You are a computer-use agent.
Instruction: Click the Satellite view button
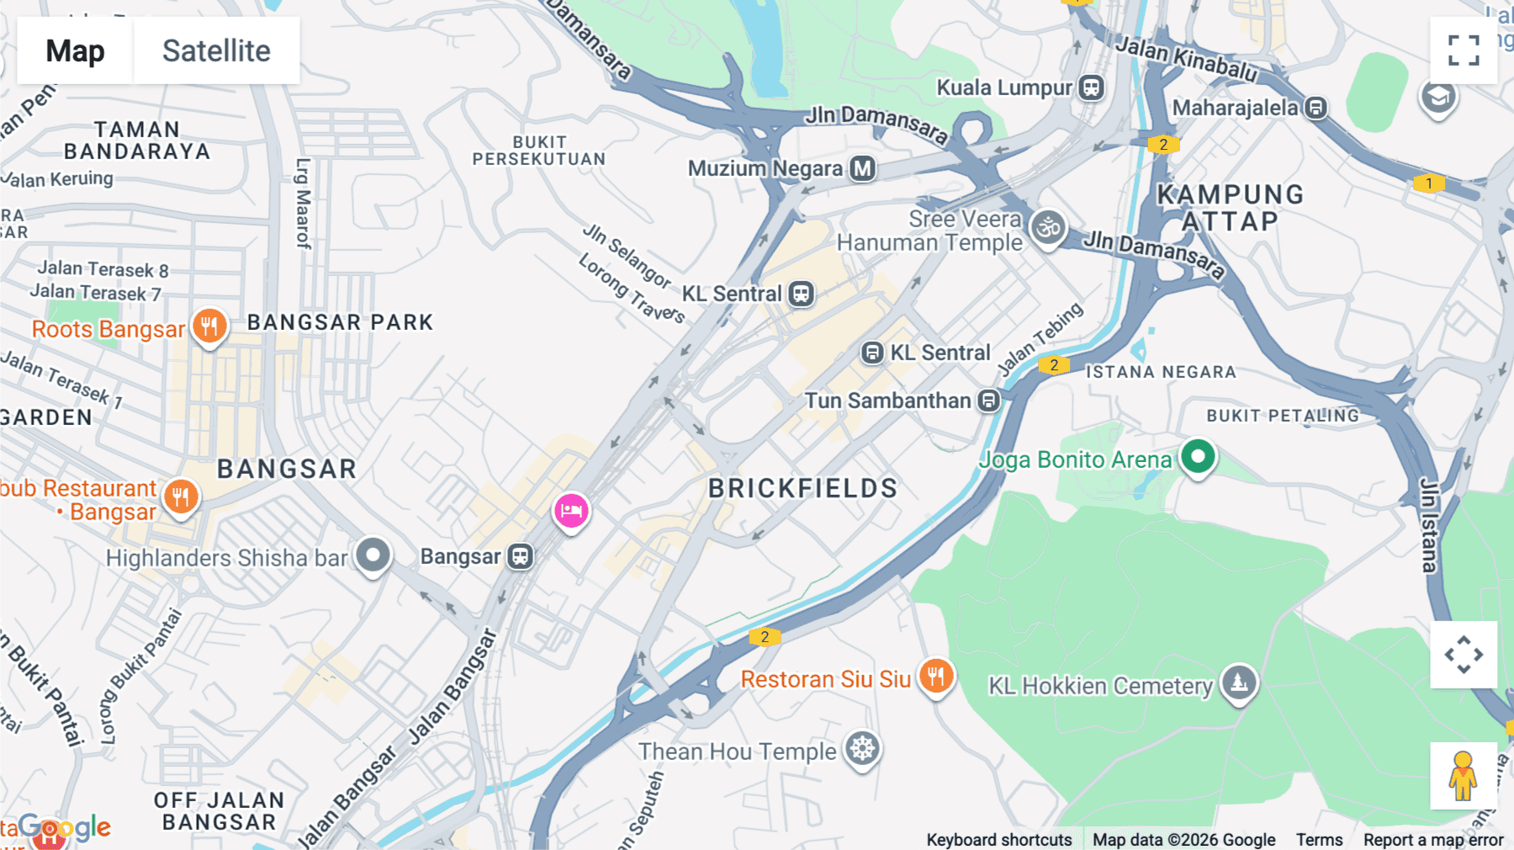(216, 50)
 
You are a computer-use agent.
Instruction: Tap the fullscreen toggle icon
(1464, 50)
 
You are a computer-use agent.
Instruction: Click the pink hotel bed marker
(571, 510)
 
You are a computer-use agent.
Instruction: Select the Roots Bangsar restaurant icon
(209, 326)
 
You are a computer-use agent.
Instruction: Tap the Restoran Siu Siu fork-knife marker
(936, 676)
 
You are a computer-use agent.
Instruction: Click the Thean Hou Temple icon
(862, 748)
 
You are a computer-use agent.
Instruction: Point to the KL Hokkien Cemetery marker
(1239, 683)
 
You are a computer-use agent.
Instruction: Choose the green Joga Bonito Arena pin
(1198, 457)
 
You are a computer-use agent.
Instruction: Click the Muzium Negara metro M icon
(862, 168)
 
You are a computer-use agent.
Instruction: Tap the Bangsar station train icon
(521, 556)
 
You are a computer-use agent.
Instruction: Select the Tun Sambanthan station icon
(989, 401)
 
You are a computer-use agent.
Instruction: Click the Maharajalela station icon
(1316, 108)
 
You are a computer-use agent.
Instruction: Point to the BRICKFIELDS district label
(802, 488)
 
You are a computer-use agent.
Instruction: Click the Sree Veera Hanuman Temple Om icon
(1048, 227)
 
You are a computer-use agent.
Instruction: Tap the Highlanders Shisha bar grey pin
(373, 555)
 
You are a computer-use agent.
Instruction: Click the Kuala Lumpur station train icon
(1092, 88)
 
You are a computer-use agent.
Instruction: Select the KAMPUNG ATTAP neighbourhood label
(1230, 208)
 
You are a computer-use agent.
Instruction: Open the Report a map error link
(1433, 839)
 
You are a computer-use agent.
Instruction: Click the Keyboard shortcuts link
(998, 839)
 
